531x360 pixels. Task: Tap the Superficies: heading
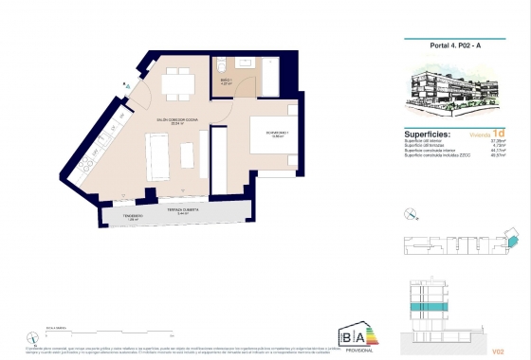[x=418, y=134]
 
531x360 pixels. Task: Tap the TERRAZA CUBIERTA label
[x=181, y=209]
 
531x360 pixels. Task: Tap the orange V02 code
[x=499, y=350]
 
